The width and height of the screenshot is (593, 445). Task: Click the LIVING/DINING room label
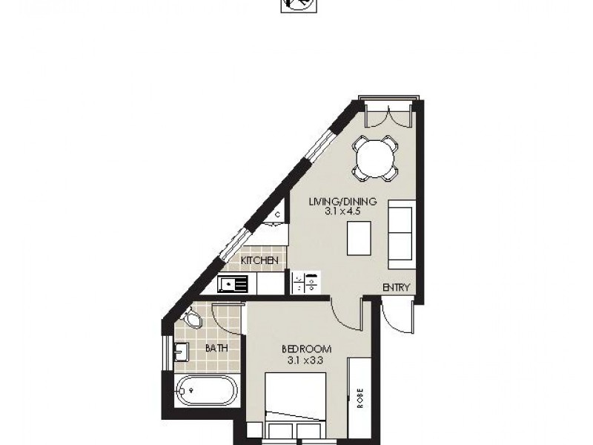[343, 201]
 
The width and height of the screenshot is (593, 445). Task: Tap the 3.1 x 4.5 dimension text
[342, 211]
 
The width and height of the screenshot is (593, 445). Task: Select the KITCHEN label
[259, 260]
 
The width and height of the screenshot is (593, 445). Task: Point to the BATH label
[216, 348]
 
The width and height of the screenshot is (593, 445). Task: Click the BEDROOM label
[307, 349]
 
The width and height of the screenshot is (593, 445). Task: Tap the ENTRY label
[396, 288]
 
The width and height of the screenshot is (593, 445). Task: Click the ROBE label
[360, 398]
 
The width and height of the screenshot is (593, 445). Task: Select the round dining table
[375, 158]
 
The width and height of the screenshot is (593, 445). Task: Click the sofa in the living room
[402, 234]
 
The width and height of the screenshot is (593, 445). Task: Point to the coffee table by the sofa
[359, 238]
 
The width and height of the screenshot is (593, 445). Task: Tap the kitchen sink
[233, 284]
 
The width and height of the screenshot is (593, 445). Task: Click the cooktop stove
[306, 283]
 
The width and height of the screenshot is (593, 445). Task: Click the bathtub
[207, 390]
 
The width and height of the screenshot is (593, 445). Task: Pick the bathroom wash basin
[182, 352]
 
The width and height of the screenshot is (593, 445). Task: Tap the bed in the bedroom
[295, 406]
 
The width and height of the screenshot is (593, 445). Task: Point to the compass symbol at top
[299, 5]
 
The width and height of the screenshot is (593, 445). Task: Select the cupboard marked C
[277, 215]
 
